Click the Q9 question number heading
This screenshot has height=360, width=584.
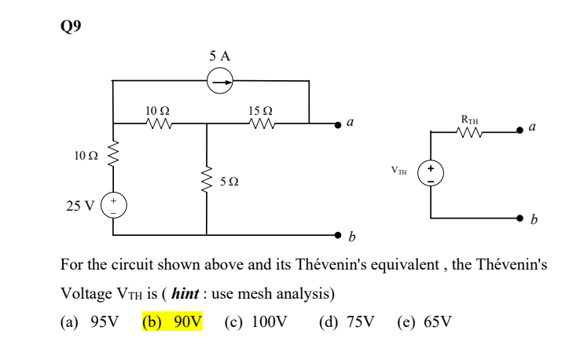[70, 25]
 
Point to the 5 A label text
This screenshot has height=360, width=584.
[219, 57]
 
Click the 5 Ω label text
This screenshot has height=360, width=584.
[230, 182]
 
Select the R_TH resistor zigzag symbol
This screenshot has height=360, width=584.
[469, 132]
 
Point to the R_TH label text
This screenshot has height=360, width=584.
[469, 119]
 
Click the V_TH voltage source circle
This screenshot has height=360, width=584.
[430, 173]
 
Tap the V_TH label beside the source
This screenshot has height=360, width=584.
[400, 169]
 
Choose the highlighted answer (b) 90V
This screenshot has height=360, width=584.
[172, 322]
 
